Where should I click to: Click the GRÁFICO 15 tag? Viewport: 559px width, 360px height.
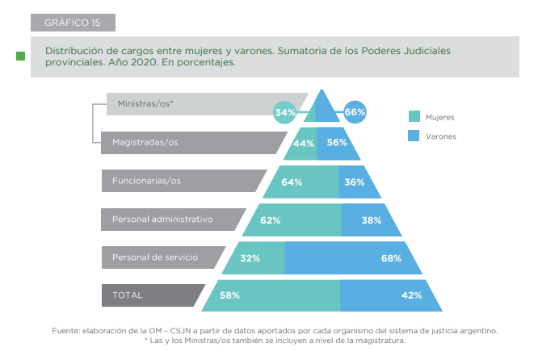point(72,22)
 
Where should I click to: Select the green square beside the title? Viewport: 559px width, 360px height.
point(20,56)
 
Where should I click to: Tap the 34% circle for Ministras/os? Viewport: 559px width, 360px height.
point(285,112)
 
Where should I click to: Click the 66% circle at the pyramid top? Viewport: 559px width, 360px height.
point(355,112)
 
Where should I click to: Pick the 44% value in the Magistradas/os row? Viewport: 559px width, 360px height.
point(304,143)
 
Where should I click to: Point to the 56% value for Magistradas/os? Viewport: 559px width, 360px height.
point(338,143)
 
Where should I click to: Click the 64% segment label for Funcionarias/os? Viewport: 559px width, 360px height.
point(292,182)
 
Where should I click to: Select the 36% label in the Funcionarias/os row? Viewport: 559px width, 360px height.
point(355,182)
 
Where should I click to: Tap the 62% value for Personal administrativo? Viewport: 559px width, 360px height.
point(270,220)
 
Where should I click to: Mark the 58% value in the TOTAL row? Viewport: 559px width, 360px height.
point(229,295)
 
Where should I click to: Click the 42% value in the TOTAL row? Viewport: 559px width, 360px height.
point(412,295)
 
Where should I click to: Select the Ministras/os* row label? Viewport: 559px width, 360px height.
point(145,104)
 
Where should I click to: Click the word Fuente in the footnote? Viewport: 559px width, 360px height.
point(65,330)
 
